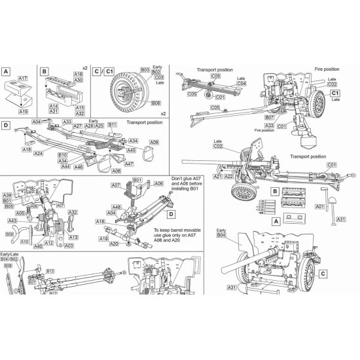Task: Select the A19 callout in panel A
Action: [24, 112]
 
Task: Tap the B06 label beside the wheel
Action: [156, 103]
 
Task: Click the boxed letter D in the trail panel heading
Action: [7, 124]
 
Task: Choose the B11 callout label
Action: [112, 124]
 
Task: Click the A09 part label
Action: [154, 142]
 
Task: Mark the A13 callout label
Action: [73, 237]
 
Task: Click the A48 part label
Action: [116, 207]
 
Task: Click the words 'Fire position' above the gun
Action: [327, 69]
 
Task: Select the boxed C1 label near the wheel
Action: [336, 93]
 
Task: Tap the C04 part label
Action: [241, 84]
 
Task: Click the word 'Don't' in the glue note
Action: [158, 179]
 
